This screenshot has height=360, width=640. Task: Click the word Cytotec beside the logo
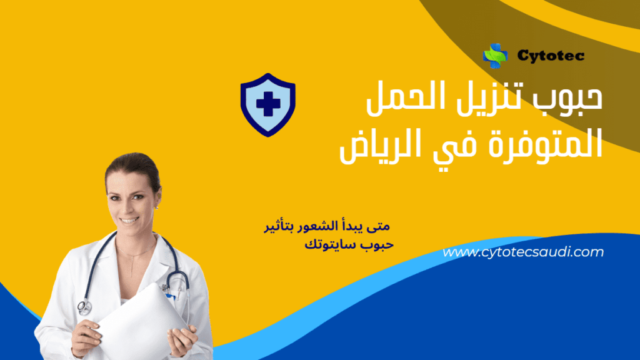(x=551, y=56)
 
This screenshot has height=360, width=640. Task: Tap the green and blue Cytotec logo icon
(x=495, y=56)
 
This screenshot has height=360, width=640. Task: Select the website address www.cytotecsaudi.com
(x=524, y=252)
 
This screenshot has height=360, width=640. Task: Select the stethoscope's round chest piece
(x=84, y=307)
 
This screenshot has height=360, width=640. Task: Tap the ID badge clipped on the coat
(x=167, y=288)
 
